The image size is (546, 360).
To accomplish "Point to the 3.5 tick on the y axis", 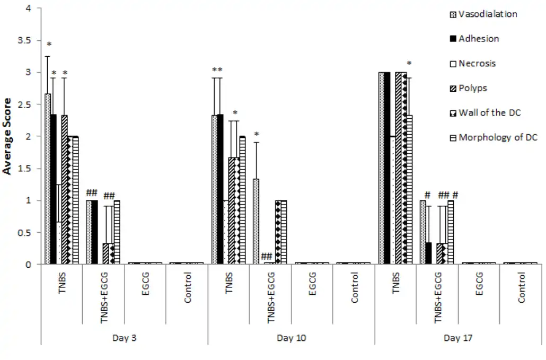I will tap(24, 41).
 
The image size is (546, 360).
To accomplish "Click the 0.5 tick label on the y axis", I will tap(24, 233).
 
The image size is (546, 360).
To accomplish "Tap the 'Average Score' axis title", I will tap(7, 136).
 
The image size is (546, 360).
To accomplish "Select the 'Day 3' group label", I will tap(124, 338).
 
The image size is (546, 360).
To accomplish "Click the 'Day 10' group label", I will tap(291, 338).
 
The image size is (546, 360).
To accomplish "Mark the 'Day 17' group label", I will tap(458, 338).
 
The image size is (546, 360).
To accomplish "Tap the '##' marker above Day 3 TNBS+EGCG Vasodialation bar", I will tap(92, 193).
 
